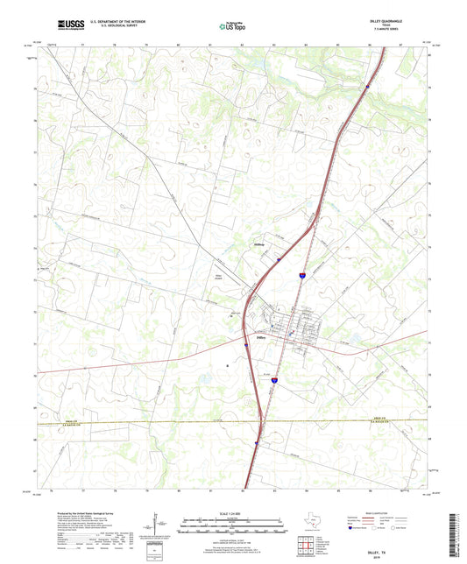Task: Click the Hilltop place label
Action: click(259, 244)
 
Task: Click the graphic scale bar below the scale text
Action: click(233, 526)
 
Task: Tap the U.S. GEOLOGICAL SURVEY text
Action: click(101, 26)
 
